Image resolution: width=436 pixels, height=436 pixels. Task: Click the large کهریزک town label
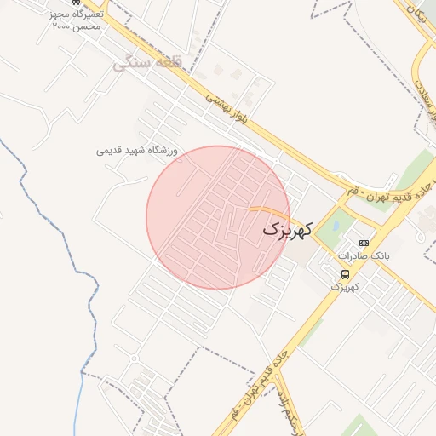click(x=287, y=229)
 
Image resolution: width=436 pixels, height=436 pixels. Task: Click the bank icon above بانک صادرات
click(x=364, y=243)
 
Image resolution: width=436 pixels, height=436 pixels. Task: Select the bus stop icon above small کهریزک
click(x=345, y=274)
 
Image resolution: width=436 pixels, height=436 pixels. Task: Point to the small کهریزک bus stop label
click(x=344, y=286)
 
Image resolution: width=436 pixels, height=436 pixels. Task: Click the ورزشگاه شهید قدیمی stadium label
click(x=136, y=151)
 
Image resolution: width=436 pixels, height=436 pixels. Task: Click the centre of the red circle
click(x=218, y=218)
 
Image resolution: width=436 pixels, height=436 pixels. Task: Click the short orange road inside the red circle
click(x=269, y=209)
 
